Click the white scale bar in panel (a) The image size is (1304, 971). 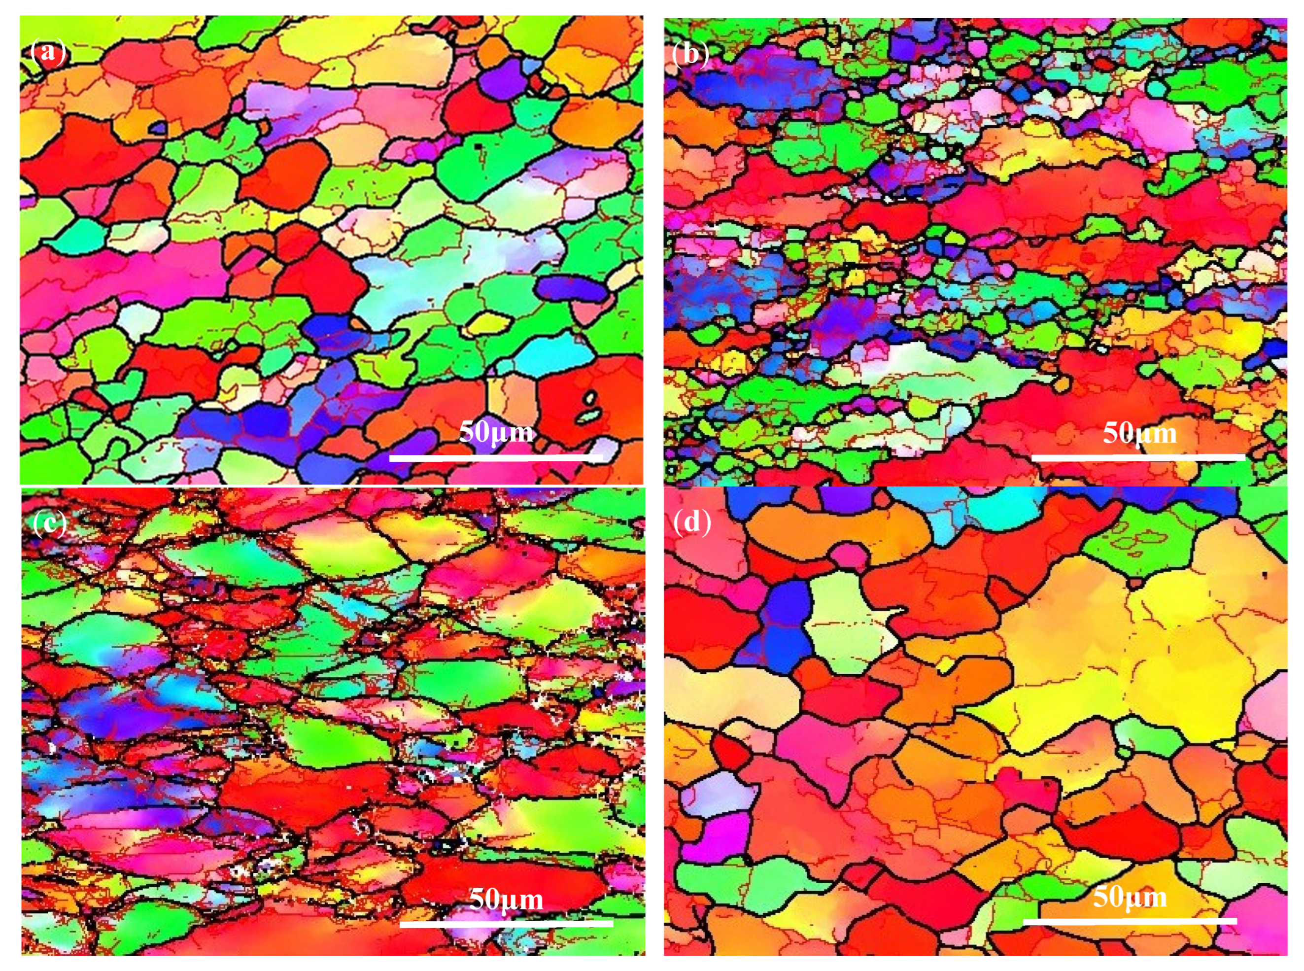tap(495, 458)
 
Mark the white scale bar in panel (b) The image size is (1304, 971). tap(1138, 457)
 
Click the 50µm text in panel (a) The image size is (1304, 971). tap(495, 432)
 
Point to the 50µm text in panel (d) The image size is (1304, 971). tap(1130, 898)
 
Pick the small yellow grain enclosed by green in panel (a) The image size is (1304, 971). tap(488, 323)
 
